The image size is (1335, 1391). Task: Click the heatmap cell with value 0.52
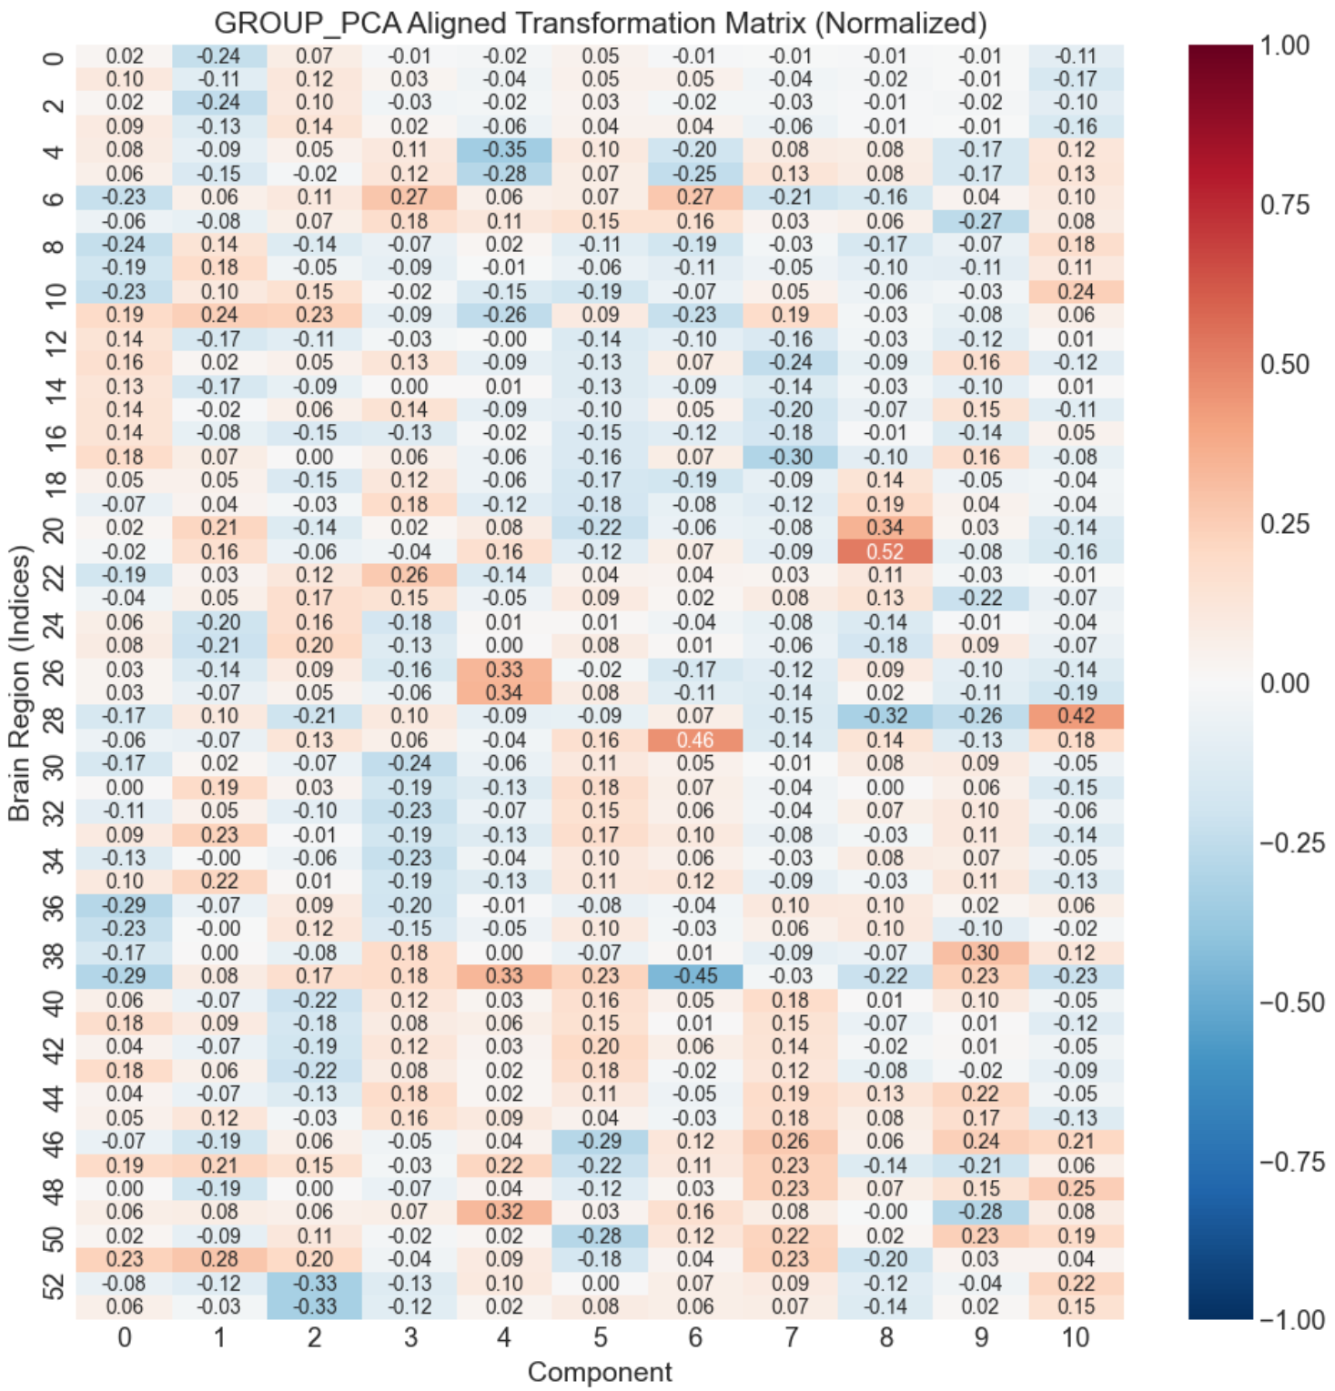coord(885,551)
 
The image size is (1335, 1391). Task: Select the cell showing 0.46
coord(695,740)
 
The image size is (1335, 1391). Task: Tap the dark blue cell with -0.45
coord(695,975)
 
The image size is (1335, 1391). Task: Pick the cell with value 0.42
coord(1076,716)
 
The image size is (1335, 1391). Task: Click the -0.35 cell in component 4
coord(504,150)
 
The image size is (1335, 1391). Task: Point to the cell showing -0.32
coord(885,716)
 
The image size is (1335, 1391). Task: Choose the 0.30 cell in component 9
coord(980,953)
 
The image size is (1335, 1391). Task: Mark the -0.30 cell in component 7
coord(790,457)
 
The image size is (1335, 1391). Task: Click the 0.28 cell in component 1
coord(219,1259)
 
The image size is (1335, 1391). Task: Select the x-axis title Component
coord(600,1372)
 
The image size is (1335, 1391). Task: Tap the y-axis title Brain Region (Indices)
coord(20,682)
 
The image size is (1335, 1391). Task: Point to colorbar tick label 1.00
coord(1284,45)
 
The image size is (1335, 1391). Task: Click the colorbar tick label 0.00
coord(1284,683)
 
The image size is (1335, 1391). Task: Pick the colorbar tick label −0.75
coord(1291,1162)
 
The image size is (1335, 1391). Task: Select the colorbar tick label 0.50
coord(1284,364)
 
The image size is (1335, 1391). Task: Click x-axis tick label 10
coord(1076,1337)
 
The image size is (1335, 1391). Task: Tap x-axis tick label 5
coord(600,1337)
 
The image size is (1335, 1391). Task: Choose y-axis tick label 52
coord(55,1284)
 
